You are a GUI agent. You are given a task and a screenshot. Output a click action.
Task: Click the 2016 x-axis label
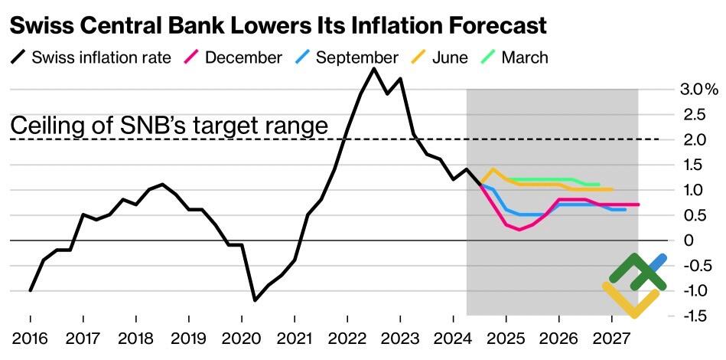[30, 338]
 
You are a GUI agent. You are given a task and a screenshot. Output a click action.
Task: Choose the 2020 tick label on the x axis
[241, 338]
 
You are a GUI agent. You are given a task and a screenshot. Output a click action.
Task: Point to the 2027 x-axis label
[611, 338]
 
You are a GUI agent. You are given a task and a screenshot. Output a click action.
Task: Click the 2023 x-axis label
[399, 338]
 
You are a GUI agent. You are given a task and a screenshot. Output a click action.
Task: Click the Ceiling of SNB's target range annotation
[169, 126]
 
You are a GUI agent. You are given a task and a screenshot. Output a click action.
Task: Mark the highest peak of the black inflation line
[373, 69]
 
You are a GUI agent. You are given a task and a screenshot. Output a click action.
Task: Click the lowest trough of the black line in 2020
[255, 300]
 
